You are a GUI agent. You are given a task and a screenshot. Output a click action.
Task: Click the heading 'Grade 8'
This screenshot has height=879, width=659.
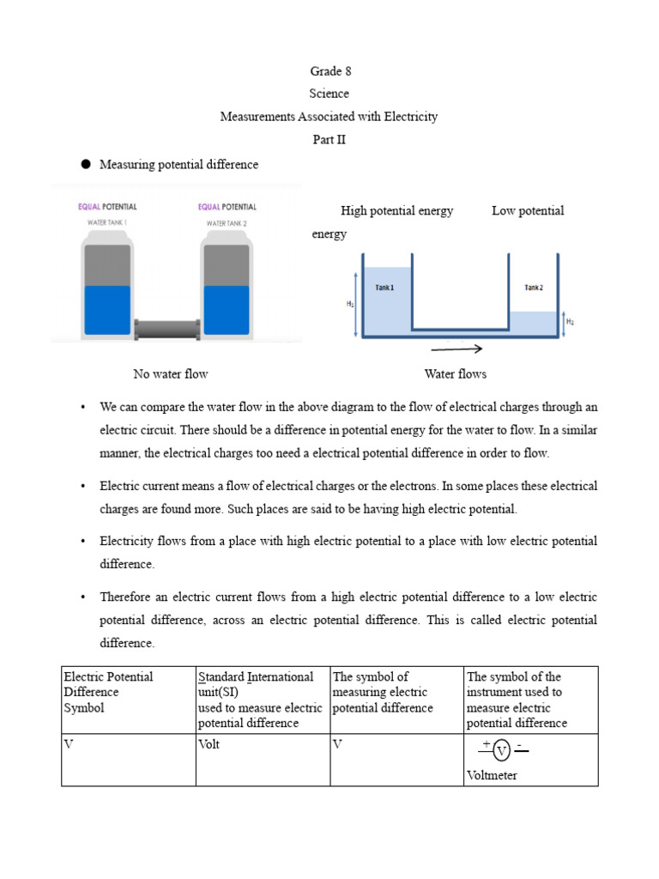click(329, 71)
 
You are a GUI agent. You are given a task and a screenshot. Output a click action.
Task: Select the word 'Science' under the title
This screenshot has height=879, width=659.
click(329, 94)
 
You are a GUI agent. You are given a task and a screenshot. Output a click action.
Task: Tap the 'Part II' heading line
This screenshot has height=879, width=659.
click(329, 140)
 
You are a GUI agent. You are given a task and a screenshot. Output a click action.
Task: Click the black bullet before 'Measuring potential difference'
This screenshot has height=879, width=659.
click(86, 164)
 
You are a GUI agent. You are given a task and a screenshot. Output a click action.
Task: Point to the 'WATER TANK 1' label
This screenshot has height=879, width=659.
click(107, 223)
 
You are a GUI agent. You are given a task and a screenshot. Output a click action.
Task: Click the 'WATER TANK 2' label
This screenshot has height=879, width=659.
click(227, 223)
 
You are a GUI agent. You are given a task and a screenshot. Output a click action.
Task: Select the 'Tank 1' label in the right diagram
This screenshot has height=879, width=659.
click(384, 288)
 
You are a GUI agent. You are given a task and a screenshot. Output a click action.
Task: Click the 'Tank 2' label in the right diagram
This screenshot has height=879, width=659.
click(533, 288)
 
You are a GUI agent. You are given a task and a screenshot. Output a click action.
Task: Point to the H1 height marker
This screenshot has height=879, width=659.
click(350, 303)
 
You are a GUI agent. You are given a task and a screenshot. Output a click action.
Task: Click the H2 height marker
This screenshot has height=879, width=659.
click(571, 322)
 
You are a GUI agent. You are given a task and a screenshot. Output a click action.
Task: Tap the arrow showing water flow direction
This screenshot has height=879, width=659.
click(456, 349)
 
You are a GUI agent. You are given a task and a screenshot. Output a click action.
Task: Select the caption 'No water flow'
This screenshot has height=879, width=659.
click(171, 373)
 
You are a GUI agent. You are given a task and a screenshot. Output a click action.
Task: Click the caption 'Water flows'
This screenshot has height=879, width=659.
click(455, 373)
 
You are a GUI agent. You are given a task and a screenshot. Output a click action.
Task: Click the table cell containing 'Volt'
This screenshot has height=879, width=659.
click(209, 744)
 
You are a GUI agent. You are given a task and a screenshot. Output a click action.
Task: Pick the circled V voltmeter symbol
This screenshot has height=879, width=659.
click(502, 751)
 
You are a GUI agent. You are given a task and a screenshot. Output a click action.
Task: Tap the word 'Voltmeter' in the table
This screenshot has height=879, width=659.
click(492, 775)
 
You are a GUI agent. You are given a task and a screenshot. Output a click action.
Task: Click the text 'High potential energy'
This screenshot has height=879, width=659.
click(396, 211)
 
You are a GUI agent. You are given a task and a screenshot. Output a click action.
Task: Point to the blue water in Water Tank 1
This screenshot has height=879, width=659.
click(107, 309)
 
